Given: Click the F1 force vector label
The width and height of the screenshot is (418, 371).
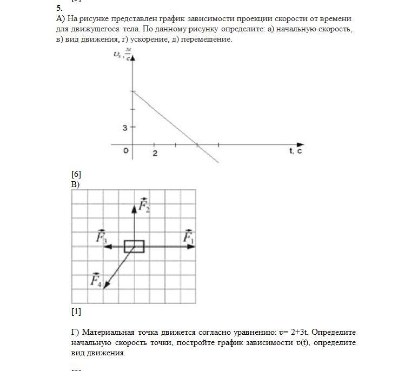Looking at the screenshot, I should coord(188,237).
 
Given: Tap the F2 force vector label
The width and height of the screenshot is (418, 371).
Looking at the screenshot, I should coord(144,206).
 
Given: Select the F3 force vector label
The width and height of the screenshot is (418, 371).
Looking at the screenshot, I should coord(101,236).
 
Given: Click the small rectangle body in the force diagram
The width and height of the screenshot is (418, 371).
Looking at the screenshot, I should coord(134,247).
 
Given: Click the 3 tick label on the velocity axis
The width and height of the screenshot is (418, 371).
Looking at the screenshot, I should coord(125,128).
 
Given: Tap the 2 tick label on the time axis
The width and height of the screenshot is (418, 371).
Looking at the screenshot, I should coord(155,154).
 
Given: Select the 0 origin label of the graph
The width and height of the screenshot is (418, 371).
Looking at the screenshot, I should coord(126,151).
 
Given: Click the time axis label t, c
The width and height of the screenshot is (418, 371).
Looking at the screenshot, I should coord(295,151).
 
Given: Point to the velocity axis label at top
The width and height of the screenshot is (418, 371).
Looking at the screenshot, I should coord(122,54).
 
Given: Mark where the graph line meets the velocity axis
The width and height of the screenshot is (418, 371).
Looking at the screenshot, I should coord(133,92).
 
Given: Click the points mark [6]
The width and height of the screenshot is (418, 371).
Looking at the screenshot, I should coord(76,174).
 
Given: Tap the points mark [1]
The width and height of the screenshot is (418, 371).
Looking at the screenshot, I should coord(76,312).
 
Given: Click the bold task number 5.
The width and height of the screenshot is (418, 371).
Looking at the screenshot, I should coord(59,8).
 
